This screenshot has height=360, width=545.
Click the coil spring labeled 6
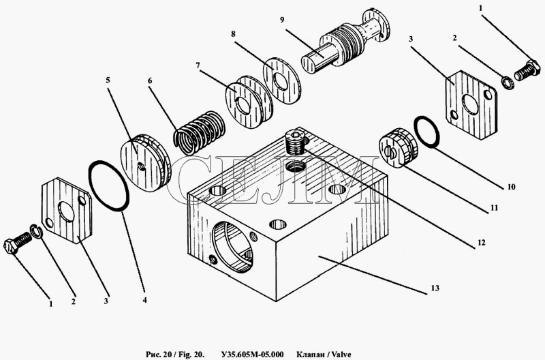pos(200,132)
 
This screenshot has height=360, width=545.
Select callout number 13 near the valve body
pos(435,288)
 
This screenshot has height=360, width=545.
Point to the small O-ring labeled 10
pos(426,132)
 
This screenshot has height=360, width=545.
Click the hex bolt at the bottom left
pos(18,243)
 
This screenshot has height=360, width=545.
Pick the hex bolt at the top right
pos(527,71)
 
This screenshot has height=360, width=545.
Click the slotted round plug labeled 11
pos(398,148)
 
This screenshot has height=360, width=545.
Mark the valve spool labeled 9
pos(345,42)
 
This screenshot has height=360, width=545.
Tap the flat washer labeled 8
pos(281,80)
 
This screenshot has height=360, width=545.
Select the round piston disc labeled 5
pos(145,162)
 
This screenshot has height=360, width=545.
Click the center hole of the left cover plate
pos(66,211)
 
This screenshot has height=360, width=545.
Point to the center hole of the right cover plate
pos(469,104)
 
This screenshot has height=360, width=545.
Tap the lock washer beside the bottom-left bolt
pos(36,232)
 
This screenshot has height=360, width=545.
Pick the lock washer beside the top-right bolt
pos(508,82)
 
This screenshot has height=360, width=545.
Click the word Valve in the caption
pos(341,355)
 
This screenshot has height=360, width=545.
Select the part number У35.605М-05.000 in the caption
pos(252,355)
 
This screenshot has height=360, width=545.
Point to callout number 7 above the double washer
pos(198,65)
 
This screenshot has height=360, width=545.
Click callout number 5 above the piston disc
pos(108,80)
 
